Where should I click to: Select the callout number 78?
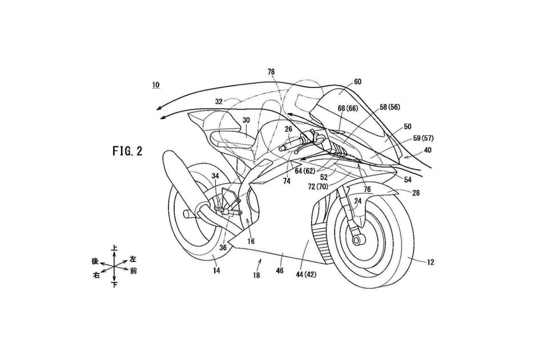point(271,72)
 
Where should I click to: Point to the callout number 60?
point(358,81)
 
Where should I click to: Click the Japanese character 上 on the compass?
point(114,248)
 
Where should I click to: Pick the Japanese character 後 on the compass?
point(94,261)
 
